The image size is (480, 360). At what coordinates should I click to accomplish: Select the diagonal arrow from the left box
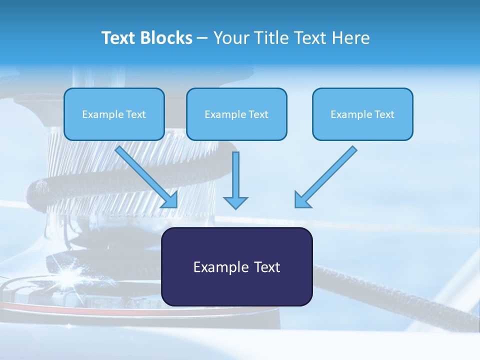pyautogui.click(x=147, y=177)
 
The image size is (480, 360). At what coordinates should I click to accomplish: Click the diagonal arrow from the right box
pyautogui.click(x=325, y=177)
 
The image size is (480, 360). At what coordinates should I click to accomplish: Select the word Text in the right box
pyautogui.click(x=384, y=114)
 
